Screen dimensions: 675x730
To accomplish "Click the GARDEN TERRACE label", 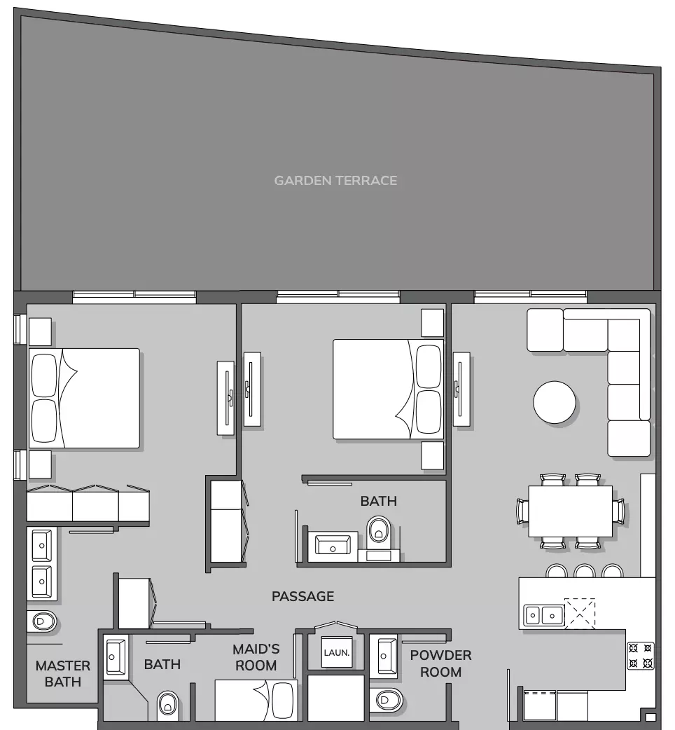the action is (x=335, y=181).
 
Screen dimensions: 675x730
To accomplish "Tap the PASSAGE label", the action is (x=303, y=596).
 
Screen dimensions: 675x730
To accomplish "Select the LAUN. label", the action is (x=336, y=653).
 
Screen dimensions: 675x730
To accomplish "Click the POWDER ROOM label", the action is (x=440, y=663).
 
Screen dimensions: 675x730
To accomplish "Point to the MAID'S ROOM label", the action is (x=256, y=657).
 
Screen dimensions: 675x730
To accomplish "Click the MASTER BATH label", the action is (x=63, y=674).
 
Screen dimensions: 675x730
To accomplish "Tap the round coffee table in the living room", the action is (x=554, y=402).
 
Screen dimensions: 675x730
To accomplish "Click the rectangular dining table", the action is (x=570, y=511).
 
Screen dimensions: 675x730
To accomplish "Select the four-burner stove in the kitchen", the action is (x=640, y=656).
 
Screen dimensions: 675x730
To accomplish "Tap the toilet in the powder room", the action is (x=388, y=700).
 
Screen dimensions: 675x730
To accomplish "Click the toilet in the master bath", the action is (x=42, y=621).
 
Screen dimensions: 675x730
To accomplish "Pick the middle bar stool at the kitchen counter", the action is (x=584, y=571).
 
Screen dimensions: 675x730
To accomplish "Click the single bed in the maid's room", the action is (x=256, y=700).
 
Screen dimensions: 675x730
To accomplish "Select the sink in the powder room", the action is (x=383, y=656).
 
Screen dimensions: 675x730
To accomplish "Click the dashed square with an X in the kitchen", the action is (x=580, y=614).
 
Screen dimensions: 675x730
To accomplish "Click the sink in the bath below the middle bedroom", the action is (x=333, y=545).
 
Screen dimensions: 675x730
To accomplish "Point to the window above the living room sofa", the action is (x=530, y=296).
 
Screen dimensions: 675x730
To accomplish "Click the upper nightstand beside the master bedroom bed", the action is (x=40, y=332).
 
